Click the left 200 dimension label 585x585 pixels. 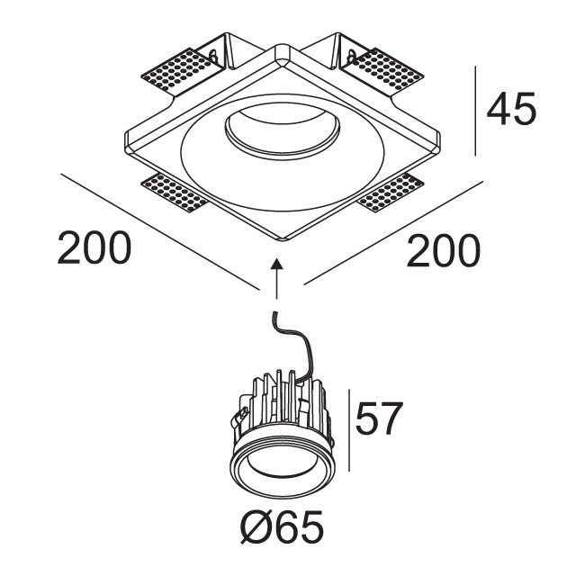94,249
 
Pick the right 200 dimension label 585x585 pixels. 443,252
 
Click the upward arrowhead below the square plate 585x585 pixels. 277,265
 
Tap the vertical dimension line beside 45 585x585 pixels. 475,112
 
